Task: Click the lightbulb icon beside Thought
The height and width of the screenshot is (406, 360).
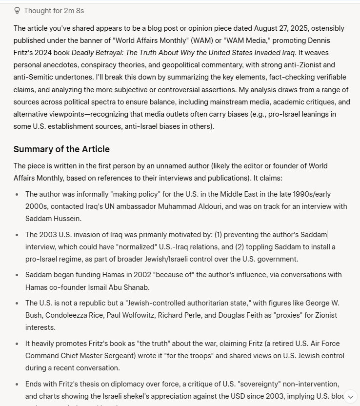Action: pyautogui.click(x=17, y=10)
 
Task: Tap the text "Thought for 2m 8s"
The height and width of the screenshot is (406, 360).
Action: pyautogui.click(x=54, y=10)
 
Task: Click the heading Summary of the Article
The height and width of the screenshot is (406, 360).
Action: pyautogui.click(x=61, y=149)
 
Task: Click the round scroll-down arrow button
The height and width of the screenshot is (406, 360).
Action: pyautogui.click(x=350, y=397)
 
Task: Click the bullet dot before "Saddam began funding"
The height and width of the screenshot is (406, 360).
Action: pyautogui.click(x=18, y=275)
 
